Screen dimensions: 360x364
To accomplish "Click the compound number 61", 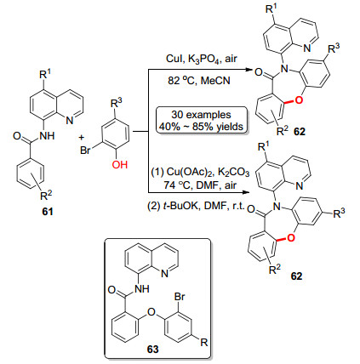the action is point(48,211).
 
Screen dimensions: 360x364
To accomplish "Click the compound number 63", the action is point(153,349).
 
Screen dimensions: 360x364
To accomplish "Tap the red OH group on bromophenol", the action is point(120,164).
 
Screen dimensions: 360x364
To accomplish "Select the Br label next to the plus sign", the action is point(85,150).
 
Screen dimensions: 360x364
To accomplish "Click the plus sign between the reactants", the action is point(82,138).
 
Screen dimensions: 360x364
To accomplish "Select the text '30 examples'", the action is point(201,115).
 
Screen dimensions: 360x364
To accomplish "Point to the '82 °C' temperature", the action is point(181,81).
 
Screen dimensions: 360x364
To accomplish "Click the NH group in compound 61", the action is point(47,136).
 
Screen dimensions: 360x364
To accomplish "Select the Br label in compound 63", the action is point(180,297).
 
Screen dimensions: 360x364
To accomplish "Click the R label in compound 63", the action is point(204,343).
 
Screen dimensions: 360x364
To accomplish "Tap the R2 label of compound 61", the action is point(46,195).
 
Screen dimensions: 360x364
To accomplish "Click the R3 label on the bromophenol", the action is point(117,104).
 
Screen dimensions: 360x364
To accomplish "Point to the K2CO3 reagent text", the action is point(236,173).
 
